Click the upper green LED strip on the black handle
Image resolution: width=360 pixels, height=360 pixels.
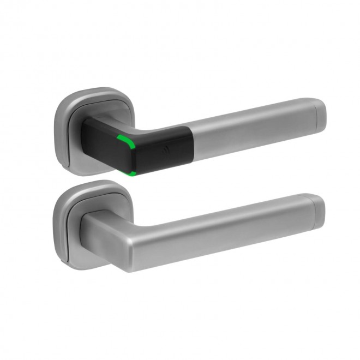(x=128, y=142)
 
